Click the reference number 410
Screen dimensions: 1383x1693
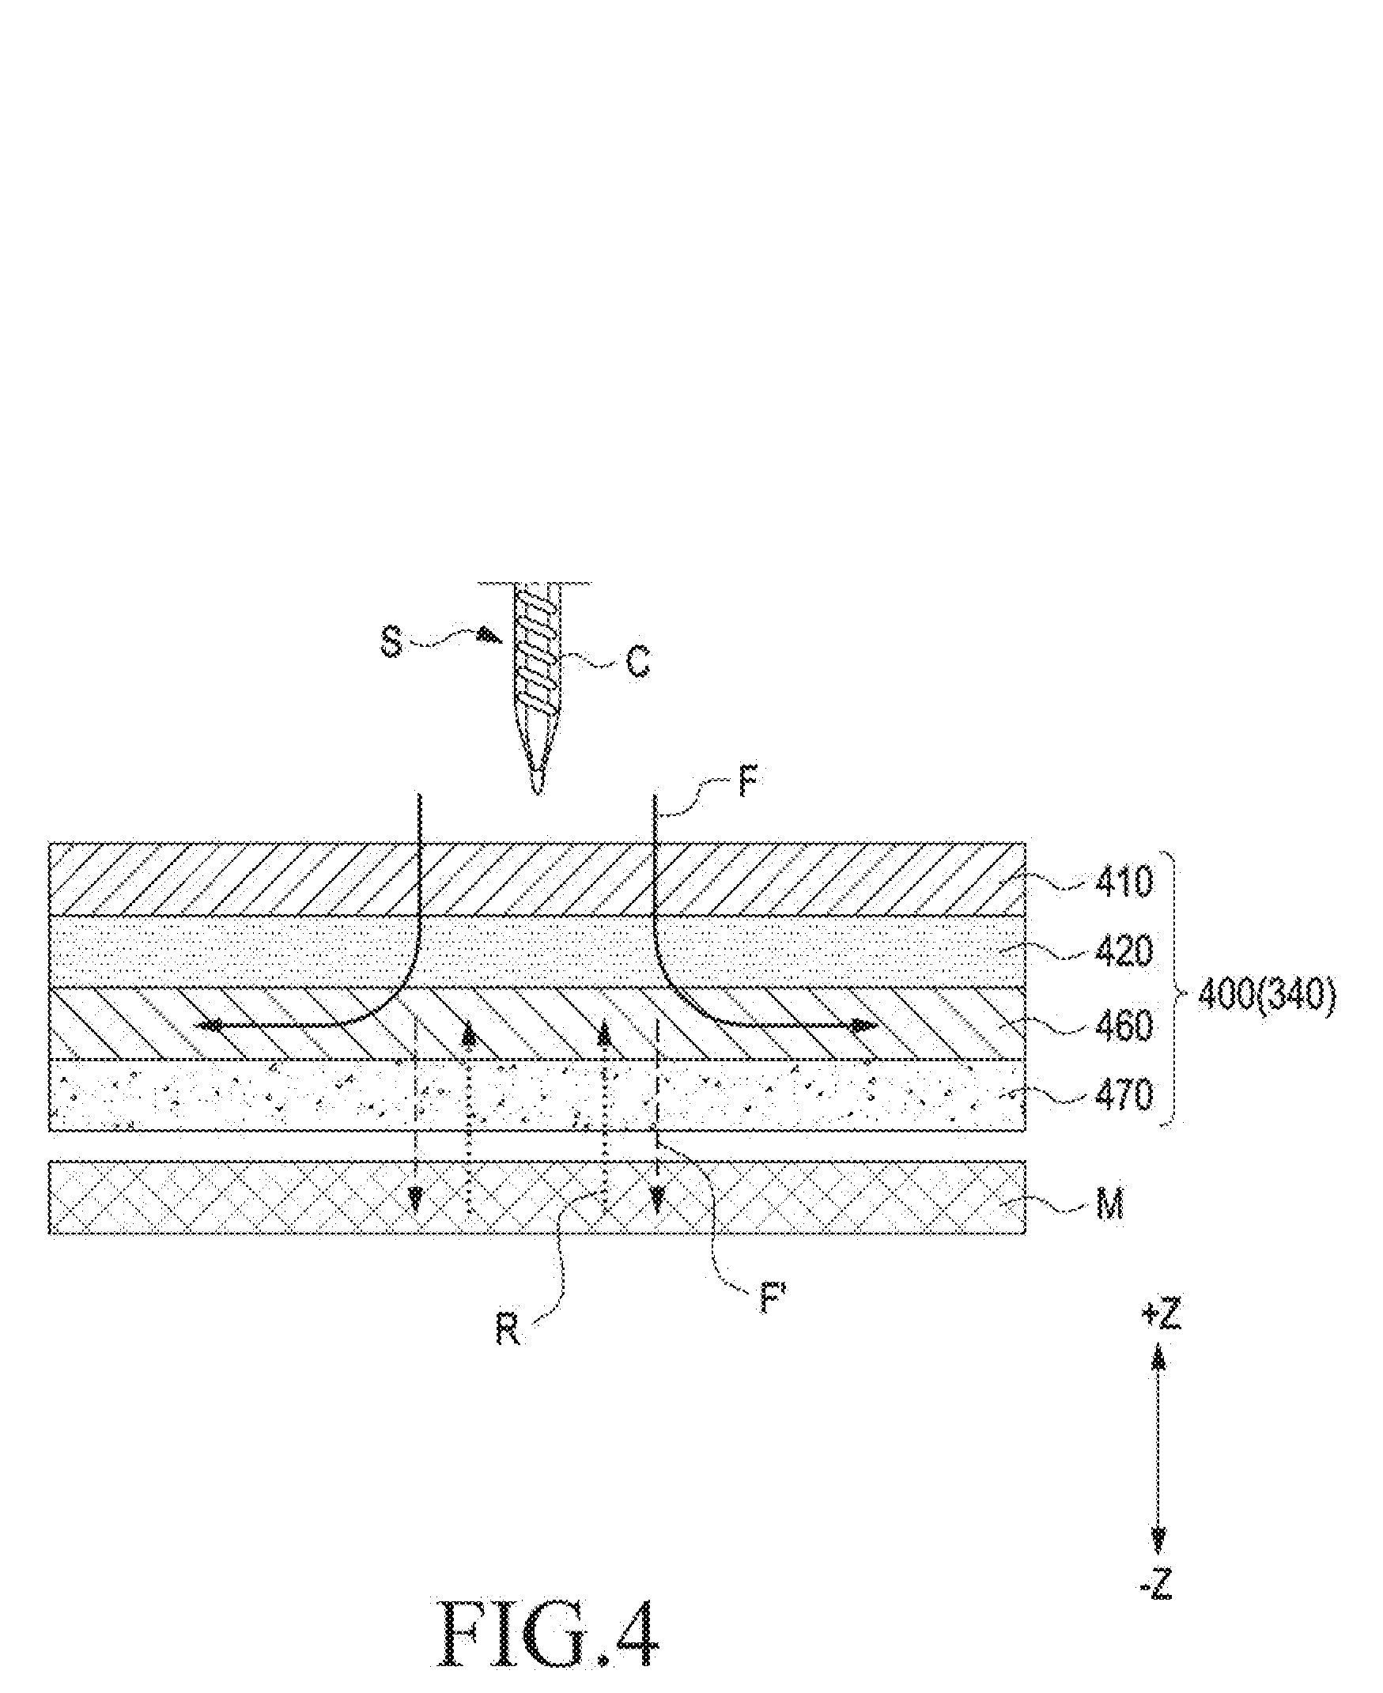tap(1124, 882)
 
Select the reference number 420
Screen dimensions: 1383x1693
tap(1124, 951)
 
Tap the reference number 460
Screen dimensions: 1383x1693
tap(1124, 1025)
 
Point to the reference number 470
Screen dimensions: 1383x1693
tap(1124, 1094)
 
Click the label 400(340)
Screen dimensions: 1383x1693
tap(1266, 997)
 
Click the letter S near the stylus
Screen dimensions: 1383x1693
tap(391, 642)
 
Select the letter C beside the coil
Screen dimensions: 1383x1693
tap(637, 661)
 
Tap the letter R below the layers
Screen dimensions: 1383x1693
tap(508, 1329)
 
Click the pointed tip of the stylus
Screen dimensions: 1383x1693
tap(538, 792)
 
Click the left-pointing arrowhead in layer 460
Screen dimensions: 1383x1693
tap(209, 1027)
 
